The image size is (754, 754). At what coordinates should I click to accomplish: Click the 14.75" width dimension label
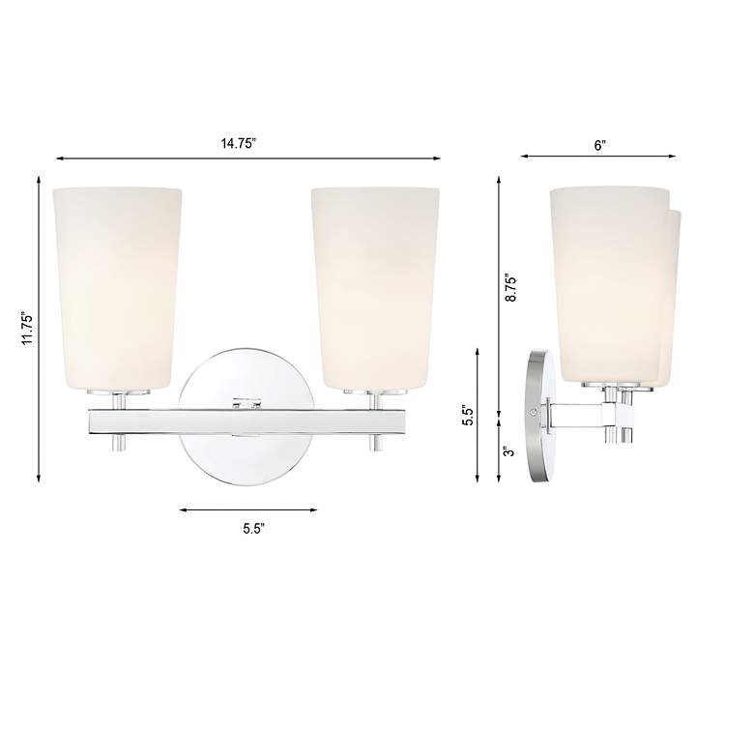(x=238, y=143)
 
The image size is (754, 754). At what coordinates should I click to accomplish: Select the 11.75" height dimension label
(x=28, y=330)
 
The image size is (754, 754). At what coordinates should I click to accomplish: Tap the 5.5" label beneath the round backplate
(x=253, y=528)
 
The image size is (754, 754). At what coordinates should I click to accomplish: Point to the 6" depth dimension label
(x=599, y=144)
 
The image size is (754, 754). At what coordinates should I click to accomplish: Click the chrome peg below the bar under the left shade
(x=118, y=443)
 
